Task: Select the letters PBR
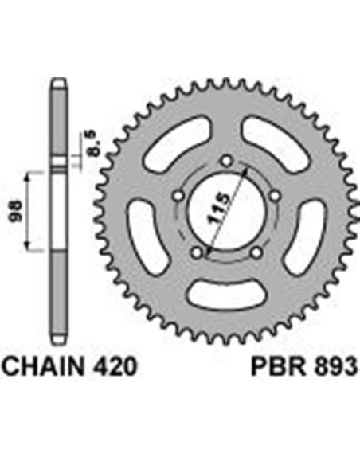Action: pyautogui.click(x=278, y=367)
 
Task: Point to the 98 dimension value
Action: pyautogui.click(x=16, y=211)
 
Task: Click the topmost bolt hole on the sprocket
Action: pyautogui.click(x=227, y=161)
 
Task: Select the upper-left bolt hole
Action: pyautogui.click(x=178, y=196)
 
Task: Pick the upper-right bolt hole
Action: pyautogui.click(x=276, y=196)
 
